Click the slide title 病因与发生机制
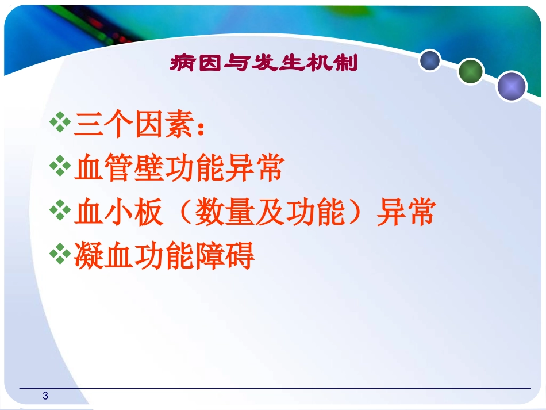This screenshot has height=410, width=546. (264, 63)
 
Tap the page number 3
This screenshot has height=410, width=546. (45, 396)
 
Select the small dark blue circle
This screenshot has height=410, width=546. (429, 60)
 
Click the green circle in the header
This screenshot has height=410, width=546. (471, 72)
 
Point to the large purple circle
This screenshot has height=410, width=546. (511, 86)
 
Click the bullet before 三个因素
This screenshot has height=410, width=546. (59, 124)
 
